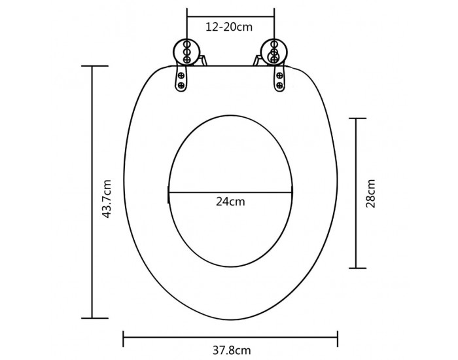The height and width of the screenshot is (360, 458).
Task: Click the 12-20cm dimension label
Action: pyautogui.click(x=229, y=27)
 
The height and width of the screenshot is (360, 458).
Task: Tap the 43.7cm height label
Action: pyautogui.click(x=107, y=199)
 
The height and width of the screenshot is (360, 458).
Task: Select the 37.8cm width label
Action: pyautogui.click(x=232, y=350)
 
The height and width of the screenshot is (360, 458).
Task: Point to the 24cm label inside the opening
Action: pyautogui.click(x=230, y=202)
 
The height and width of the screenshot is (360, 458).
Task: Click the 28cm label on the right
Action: pyautogui.click(x=370, y=194)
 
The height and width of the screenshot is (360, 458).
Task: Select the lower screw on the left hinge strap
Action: pyautogui.click(x=181, y=85)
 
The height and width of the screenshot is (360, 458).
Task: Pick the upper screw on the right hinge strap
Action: pyautogui.click(x=279, y=76)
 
